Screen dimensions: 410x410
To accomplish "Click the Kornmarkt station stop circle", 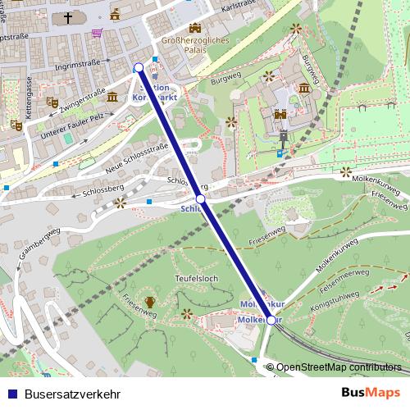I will (x=139, y=68).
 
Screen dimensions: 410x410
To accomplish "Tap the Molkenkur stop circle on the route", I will (x=271, y=320).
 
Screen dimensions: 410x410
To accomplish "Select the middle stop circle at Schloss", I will (x=200, y=199).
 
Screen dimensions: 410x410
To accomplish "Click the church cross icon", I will (x=68, y=16).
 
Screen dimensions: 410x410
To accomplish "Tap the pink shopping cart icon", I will (x=98, y=34).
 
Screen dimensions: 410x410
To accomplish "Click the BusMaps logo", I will (x=371, y=392).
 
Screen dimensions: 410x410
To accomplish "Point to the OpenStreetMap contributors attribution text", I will (x=338, y=367).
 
